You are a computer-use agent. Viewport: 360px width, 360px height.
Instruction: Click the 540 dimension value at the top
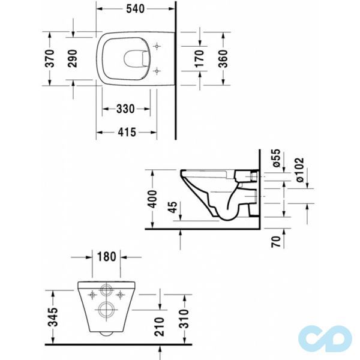click(136, 10)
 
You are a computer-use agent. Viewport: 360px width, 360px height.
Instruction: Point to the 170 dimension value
click(200, 58)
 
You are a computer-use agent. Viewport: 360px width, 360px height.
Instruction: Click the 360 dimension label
click(221, 58)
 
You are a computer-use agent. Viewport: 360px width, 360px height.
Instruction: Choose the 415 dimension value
click(127, 131)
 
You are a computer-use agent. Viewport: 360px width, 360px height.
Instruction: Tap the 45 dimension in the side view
click(174, 209)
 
